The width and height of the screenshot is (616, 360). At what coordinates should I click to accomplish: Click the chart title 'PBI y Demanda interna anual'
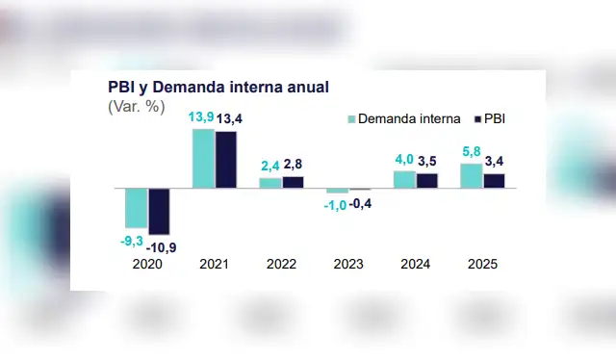click(x=218, y=87)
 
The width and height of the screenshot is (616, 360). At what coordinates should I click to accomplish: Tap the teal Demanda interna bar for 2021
click(x=203, y=158)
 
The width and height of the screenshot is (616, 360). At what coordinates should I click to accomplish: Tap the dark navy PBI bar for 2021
click(x=225, y=159)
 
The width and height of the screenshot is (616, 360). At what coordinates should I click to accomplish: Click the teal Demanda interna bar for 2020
click(x=136, y=207)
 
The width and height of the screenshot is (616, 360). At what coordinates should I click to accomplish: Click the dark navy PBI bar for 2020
click(x=158, y=211)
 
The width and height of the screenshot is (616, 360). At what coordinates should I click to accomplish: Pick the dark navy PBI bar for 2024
click(x=426, y=180)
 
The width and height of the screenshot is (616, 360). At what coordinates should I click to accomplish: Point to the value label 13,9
click(x=200, y=117)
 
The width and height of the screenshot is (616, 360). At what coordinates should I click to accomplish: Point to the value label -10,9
click(x=162, y=247)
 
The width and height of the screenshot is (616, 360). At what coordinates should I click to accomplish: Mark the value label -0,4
click(x=361, y=203)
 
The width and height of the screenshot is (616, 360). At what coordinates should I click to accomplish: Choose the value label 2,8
click(x=294, y=165)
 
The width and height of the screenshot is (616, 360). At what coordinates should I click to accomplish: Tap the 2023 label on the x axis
click(x=348, y=264)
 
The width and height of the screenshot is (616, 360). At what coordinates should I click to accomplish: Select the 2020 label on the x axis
click(x=146, y=264)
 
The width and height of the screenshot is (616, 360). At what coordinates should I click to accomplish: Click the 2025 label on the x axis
click(x=482, y=264)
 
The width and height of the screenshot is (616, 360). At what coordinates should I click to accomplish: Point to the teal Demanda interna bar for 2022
click(x=270, y=182)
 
